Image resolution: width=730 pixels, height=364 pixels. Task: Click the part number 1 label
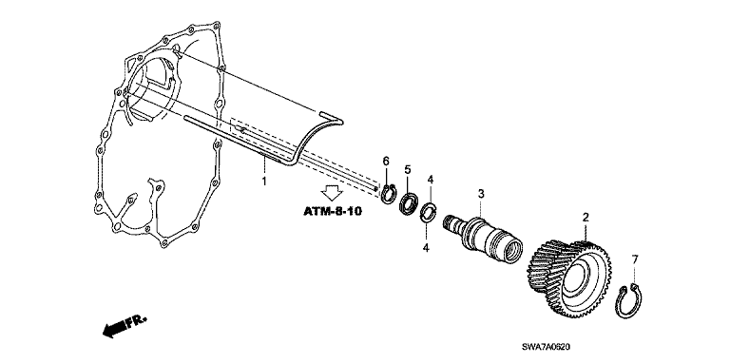coord(264,182)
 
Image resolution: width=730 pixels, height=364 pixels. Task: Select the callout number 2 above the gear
coord(586,217)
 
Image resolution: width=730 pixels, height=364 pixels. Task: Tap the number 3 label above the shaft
coord(481,194)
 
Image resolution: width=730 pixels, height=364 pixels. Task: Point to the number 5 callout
coord(408,169)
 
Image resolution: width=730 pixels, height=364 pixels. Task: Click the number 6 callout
coord(386,161)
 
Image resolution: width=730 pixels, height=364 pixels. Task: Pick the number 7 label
coord(635,259)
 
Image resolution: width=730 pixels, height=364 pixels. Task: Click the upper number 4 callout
coord(431,180)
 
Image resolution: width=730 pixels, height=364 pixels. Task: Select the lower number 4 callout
coord(426,248)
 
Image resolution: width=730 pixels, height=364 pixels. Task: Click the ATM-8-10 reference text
coord(333,211)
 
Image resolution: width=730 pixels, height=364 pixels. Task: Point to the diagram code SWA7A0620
coord(546,347)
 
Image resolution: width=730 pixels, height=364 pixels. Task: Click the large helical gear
coord(569,278)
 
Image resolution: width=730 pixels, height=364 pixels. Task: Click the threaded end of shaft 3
coord(451,221)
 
